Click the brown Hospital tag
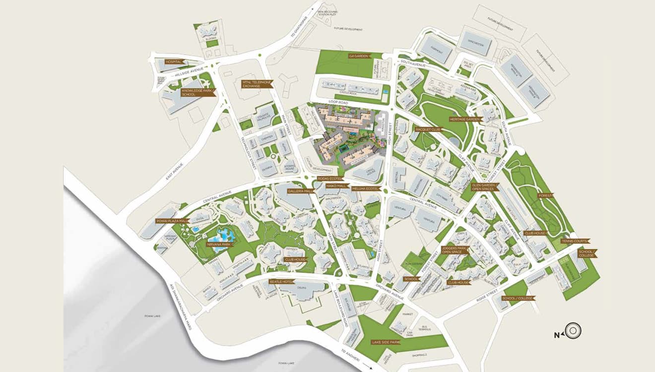point(175,62)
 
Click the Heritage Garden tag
point(466,120)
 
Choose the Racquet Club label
point(428,129)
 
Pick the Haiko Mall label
point(335,185)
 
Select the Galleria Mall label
point(302,191)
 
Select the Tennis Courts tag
point(575,241)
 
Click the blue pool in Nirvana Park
point(221,233)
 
